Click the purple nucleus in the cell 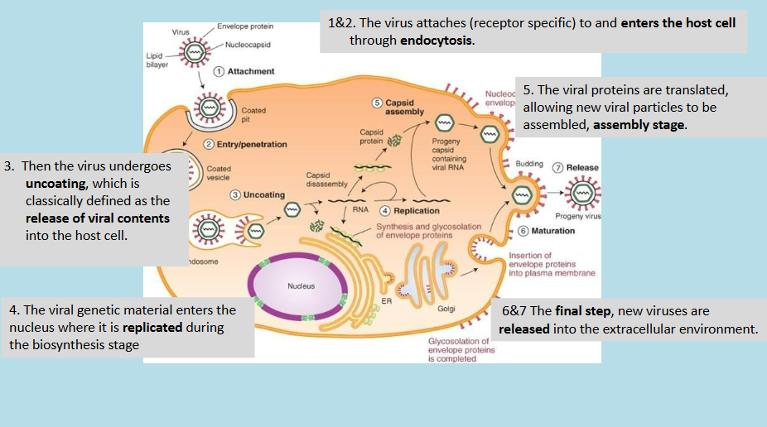tap(301, 287)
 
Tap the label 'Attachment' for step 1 tap(251, 71)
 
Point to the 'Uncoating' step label tap(263, 194)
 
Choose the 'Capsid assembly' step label tap(404, 107)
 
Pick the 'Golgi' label tap(446, 309)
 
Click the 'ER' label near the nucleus tap(386, 300)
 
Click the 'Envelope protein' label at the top tap(245, 27)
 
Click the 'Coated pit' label tap(253, 113)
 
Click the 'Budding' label tap(529, 165)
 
